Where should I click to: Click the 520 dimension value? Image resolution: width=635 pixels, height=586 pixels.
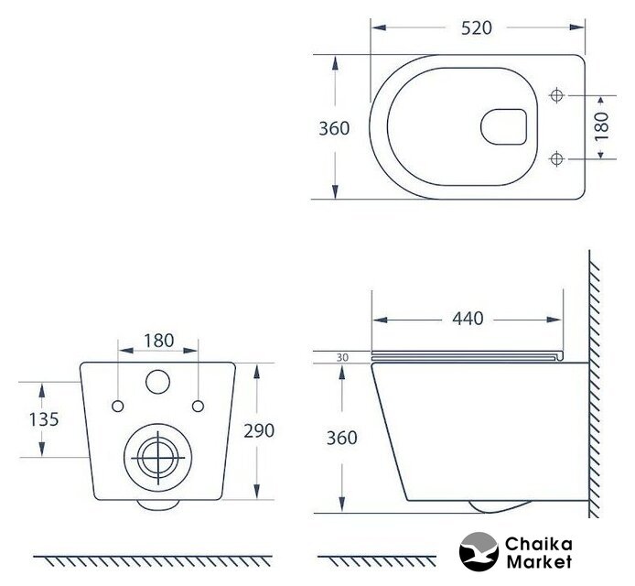pyautogui.click(x=476, y=28)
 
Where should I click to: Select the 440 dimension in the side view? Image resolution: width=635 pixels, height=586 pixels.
pyautogui.click(x=468, y=319)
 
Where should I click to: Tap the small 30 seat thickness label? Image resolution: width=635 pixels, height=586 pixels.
pyautogui.click(x=342, y=358)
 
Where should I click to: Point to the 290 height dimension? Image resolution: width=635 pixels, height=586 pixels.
pyautogui.click(x=259, y=430)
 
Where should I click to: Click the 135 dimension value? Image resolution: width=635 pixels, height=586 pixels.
pyautogui.click(x=44, y=419)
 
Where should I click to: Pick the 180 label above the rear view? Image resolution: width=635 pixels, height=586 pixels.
pyautogui.click(x=159, y=341)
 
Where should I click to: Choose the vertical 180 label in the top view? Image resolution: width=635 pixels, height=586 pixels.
pyautogui.click(x=602, y=126)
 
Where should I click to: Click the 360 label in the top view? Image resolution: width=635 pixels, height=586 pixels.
pyautogui.click(x=334, y=128)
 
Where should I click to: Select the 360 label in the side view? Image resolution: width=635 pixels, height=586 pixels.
pyautogui.click(x=342, y=438)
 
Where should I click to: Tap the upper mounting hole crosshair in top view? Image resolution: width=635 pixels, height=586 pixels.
pyautogui.click(x=557, y=95)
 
